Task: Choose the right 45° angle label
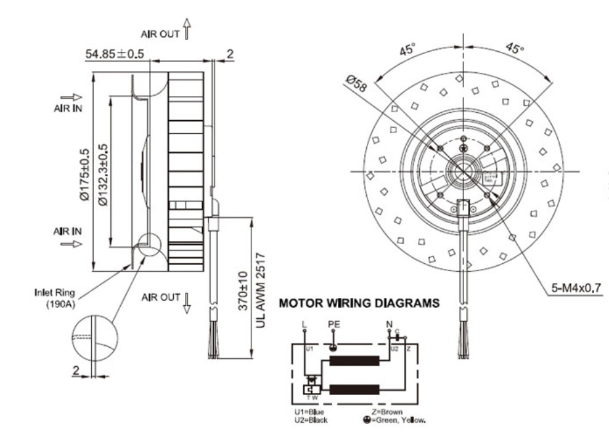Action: pyautogui.click(x=514, y=49)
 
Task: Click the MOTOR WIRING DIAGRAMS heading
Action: pyautogui.click(x=356, y=304)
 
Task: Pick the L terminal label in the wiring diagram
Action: pyautogui.click(x=303, y=324)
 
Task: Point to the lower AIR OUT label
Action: pyautogui.click(x=160, y=297)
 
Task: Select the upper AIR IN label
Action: pyautogui.click(x=68, y=109)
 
